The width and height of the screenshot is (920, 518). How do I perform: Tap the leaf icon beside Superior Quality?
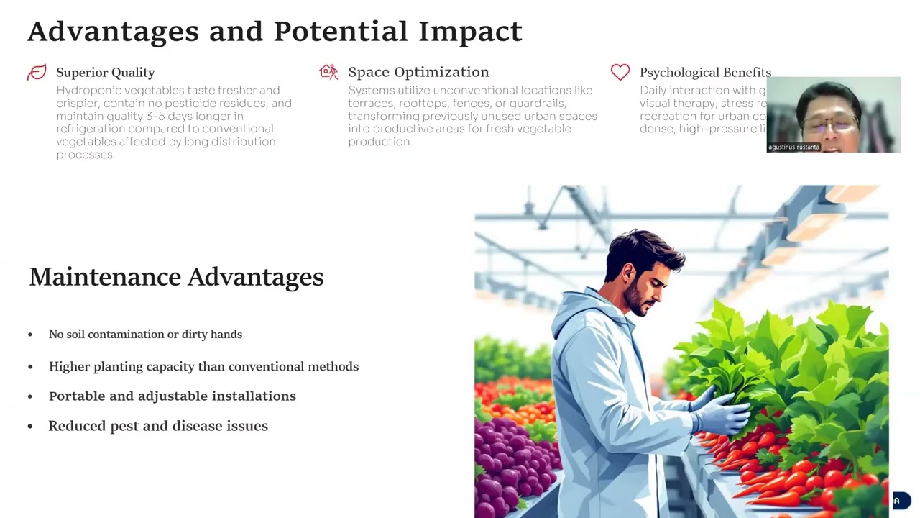(37, 72)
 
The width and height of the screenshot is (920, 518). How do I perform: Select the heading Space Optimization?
(418, 72)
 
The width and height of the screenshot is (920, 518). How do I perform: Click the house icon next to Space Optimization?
(328, 71)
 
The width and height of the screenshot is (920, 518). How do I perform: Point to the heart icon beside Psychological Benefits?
(620, 72)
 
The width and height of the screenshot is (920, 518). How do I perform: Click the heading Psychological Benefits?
(705, 73)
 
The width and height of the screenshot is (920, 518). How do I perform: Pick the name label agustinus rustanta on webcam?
(793, 147)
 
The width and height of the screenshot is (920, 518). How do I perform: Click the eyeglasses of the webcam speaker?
(831, 123)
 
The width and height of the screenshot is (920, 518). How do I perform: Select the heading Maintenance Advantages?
(176, 277)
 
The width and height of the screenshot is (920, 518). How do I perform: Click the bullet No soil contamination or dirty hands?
(145, 335)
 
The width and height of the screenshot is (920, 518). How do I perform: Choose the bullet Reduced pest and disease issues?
(158, 426)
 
